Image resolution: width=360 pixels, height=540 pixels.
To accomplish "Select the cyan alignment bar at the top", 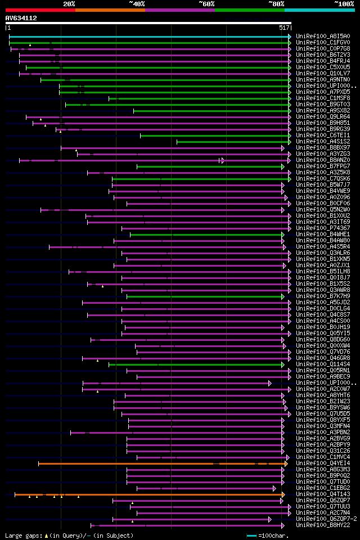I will pyautogui.click(x=149, y=37).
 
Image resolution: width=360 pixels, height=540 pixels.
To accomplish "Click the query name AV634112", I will pyautogui.click(x=21, y=18).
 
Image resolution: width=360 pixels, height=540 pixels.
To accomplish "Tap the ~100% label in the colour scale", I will pyautogui.click(x=344, y=4).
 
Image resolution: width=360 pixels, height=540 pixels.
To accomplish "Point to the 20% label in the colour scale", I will pyautogui.click(x=69, y=4).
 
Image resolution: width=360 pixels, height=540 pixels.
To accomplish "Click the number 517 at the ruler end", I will pyautogui.click(x=284, y=28).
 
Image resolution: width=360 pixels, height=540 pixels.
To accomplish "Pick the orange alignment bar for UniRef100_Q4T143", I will pyautogui.click(x=149, y=494).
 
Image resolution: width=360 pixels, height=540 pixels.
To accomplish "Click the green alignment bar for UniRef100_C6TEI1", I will pyautogui.click(x=214, y=136).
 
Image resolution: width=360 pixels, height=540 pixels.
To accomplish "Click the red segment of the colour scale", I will pyautogui.click(x=40, y=10).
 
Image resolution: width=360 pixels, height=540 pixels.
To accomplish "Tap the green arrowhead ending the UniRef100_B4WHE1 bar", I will pyautogui.click(x=283, y=235).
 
